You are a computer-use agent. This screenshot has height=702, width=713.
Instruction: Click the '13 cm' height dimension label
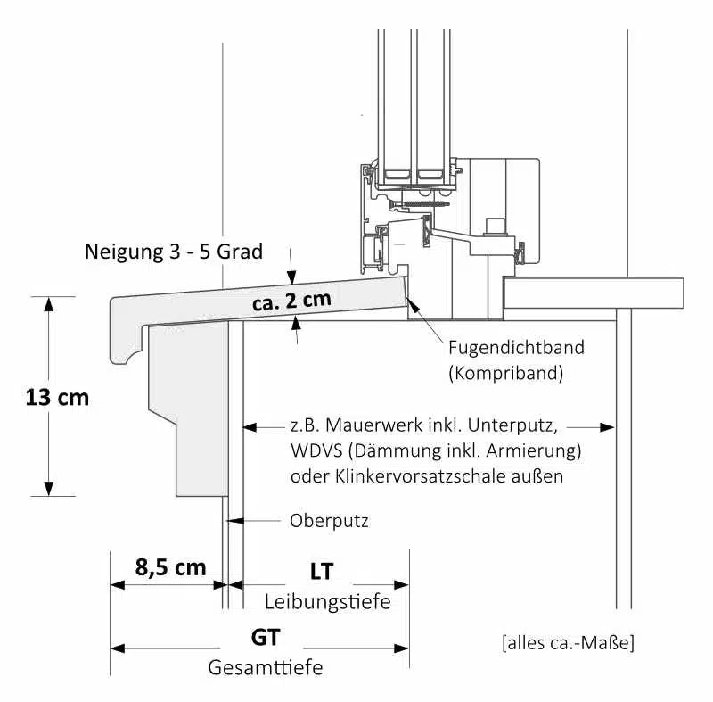tap(57, 398)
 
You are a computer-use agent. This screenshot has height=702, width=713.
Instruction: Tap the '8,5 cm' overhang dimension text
tap(170, 567)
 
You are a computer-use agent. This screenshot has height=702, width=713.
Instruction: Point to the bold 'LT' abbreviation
tap(321, 571)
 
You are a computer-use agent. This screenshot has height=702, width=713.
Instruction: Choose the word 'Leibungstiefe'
tap(328, 602)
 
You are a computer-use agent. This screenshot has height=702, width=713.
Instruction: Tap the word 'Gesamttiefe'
tap(266, 667)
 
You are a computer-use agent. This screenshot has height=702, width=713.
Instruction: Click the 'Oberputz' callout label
tap(329, 520)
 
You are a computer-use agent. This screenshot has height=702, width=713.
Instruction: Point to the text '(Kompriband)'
tap(506, 373)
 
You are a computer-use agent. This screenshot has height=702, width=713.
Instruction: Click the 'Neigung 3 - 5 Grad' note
tap(174, 252)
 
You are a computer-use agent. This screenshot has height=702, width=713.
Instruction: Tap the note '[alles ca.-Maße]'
tap(569, 642)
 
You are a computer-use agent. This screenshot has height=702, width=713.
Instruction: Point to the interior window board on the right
tap(593, 292)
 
